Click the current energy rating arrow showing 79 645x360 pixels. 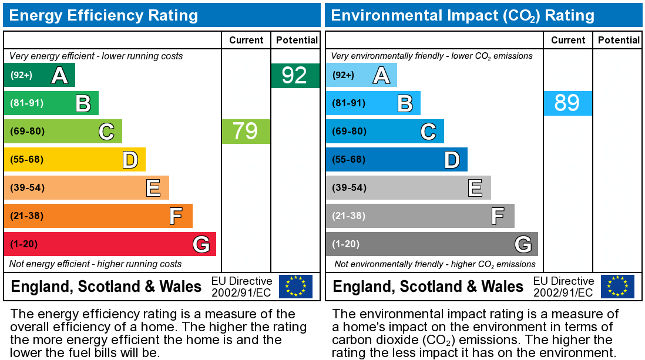click(x=246, y=131)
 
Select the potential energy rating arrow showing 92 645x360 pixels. click(x=295, y=76)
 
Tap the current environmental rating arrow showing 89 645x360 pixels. click(x=567, y=103)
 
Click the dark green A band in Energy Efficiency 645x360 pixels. click(x=39, y=75)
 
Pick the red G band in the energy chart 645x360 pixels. click(x=110, y=244)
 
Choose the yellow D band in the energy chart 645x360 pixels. click(x=75, y=159)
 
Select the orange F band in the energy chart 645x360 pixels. click(x=98, y=216)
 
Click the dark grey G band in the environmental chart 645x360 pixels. click(x=432, y=244)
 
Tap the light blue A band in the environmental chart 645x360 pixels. click(x=361, y=75)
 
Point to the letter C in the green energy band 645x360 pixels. click(x=106, y=132)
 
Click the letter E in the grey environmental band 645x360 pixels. click(x=475, y=188)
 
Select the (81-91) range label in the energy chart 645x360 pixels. click(x=26, y=103)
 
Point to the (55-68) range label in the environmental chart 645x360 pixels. click(x=348, y=159)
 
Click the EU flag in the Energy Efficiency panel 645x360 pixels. click(x=295, y=286)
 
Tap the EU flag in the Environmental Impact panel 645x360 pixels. click(x=617, y=286)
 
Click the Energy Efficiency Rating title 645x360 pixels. click(x=103, y=15)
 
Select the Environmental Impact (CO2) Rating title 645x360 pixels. click(x=463, y=15)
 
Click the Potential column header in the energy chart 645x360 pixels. click(x=297, y=40)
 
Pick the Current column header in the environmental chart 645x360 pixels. click(x=568, y=40)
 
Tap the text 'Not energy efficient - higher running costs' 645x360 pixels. click(x=96, y=264)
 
